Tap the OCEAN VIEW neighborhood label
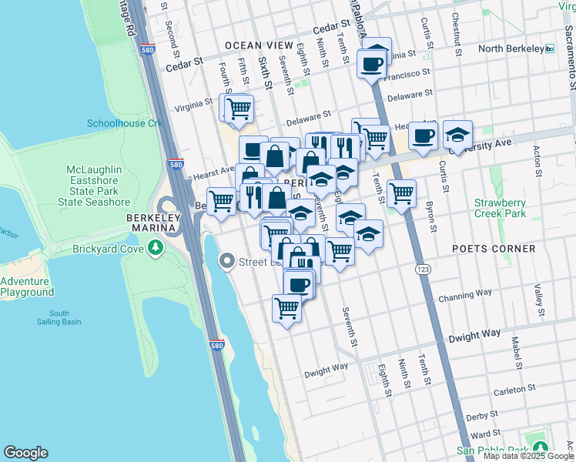pos(259,45)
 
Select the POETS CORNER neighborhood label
pos(494,249)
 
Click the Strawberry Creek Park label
pos(500,207)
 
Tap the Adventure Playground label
pos(27,286)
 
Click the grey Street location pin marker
pos(226,262)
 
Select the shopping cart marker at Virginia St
pos(239,108)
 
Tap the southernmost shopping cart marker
pos(287,308)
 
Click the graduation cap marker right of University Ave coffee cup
pos(457,135)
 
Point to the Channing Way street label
pos(464,295)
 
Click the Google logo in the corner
pos(25,453)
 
